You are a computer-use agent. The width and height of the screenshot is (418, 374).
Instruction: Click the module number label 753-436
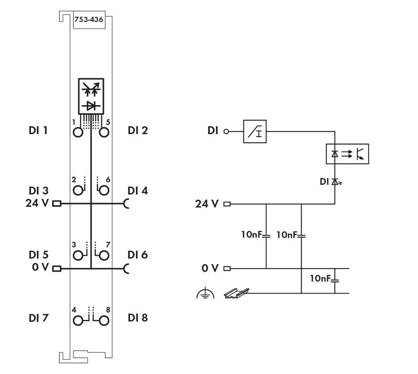(x=89, y=20)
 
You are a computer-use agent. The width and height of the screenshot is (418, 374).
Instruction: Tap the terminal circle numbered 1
(x=78, y=132)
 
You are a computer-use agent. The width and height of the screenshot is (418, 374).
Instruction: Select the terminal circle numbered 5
(x=104, y=132)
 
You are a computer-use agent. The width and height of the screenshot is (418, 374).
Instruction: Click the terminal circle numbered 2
(x=78, y=191)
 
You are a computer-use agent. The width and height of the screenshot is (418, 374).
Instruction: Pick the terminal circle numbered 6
(x=104, y=191)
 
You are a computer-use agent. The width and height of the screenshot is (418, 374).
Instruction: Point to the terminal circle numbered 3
(x=78, y=255)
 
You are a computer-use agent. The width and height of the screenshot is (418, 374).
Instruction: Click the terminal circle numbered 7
(x=104, y=255)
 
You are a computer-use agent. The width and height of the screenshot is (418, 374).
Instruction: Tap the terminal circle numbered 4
(x=78, y=321)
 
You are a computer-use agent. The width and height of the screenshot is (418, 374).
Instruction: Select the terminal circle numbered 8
(x=104, y=321)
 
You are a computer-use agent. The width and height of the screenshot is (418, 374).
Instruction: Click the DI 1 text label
(x=38, y=131)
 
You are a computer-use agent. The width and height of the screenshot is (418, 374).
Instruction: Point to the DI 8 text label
(x=138, y=318)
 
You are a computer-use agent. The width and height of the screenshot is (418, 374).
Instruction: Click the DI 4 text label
(x=138, y=191)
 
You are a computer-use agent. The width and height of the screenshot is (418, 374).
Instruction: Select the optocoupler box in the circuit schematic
(x=347, y=154)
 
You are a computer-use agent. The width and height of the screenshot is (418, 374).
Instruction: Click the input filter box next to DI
(x=255, y=131)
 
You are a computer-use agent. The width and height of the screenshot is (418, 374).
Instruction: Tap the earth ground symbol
(x=205, y=293)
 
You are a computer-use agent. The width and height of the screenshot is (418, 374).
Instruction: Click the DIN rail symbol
(x=236, y=293)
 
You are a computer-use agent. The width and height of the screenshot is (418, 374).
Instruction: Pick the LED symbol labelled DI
(x=334, y=181)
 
